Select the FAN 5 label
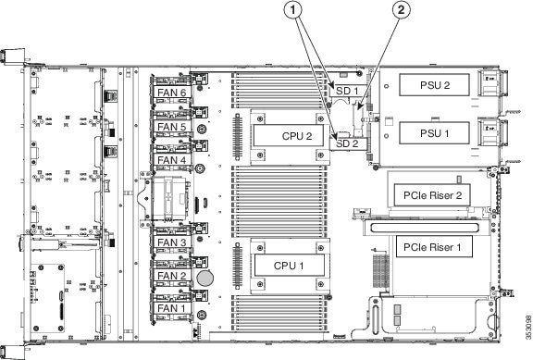173,127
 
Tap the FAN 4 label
173,159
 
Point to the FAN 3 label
173,242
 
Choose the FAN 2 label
173,275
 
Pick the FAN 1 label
173,307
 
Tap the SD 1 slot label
345,91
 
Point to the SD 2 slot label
346,144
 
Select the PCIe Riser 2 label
432,196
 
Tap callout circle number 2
401,11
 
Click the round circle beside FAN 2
210,277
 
